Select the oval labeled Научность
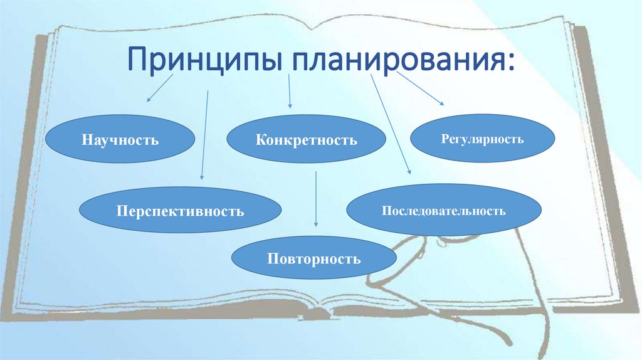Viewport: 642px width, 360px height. coord(120,138)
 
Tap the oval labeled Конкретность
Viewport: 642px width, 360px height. coord(306,139)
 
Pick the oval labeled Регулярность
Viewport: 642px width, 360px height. coord(482,139)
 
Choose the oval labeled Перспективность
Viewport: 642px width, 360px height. coord(180,210)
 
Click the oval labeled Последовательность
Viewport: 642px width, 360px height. coord(443,210)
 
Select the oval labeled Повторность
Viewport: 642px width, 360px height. coord(314,258)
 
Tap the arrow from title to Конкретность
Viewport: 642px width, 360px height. coord(289,92)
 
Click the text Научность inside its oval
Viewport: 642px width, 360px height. coord(120,138)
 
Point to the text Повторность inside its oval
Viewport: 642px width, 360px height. coord(314,258)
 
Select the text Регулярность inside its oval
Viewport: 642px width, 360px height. coord(482,139)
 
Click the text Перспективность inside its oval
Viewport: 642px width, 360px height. coord(180,210)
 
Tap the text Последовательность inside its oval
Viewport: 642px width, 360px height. coord(443,210)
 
